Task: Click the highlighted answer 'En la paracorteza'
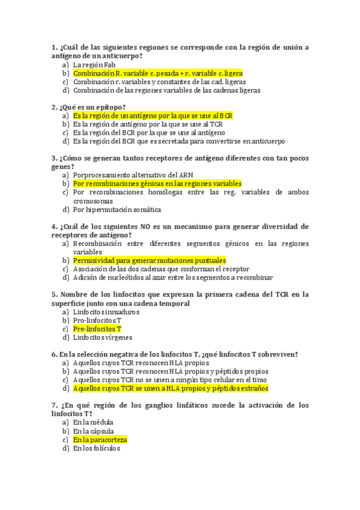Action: click(x=100, y=440)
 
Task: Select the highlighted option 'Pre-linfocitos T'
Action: click(x=97, y=329)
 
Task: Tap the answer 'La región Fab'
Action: click(x=94, y=64)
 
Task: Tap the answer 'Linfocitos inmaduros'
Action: click(x=106, y=312)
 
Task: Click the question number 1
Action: click(x=55, y=48)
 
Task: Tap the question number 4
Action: click(x=55, y=227)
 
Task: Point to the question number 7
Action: click(x=55, y=405)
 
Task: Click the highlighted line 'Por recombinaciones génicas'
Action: click(x=157, y=183)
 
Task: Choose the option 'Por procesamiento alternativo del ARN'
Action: click(x=138, y=175)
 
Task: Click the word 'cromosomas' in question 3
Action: click(x=93, y=201)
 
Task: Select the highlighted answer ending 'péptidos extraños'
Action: click(x=170, y=389)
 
